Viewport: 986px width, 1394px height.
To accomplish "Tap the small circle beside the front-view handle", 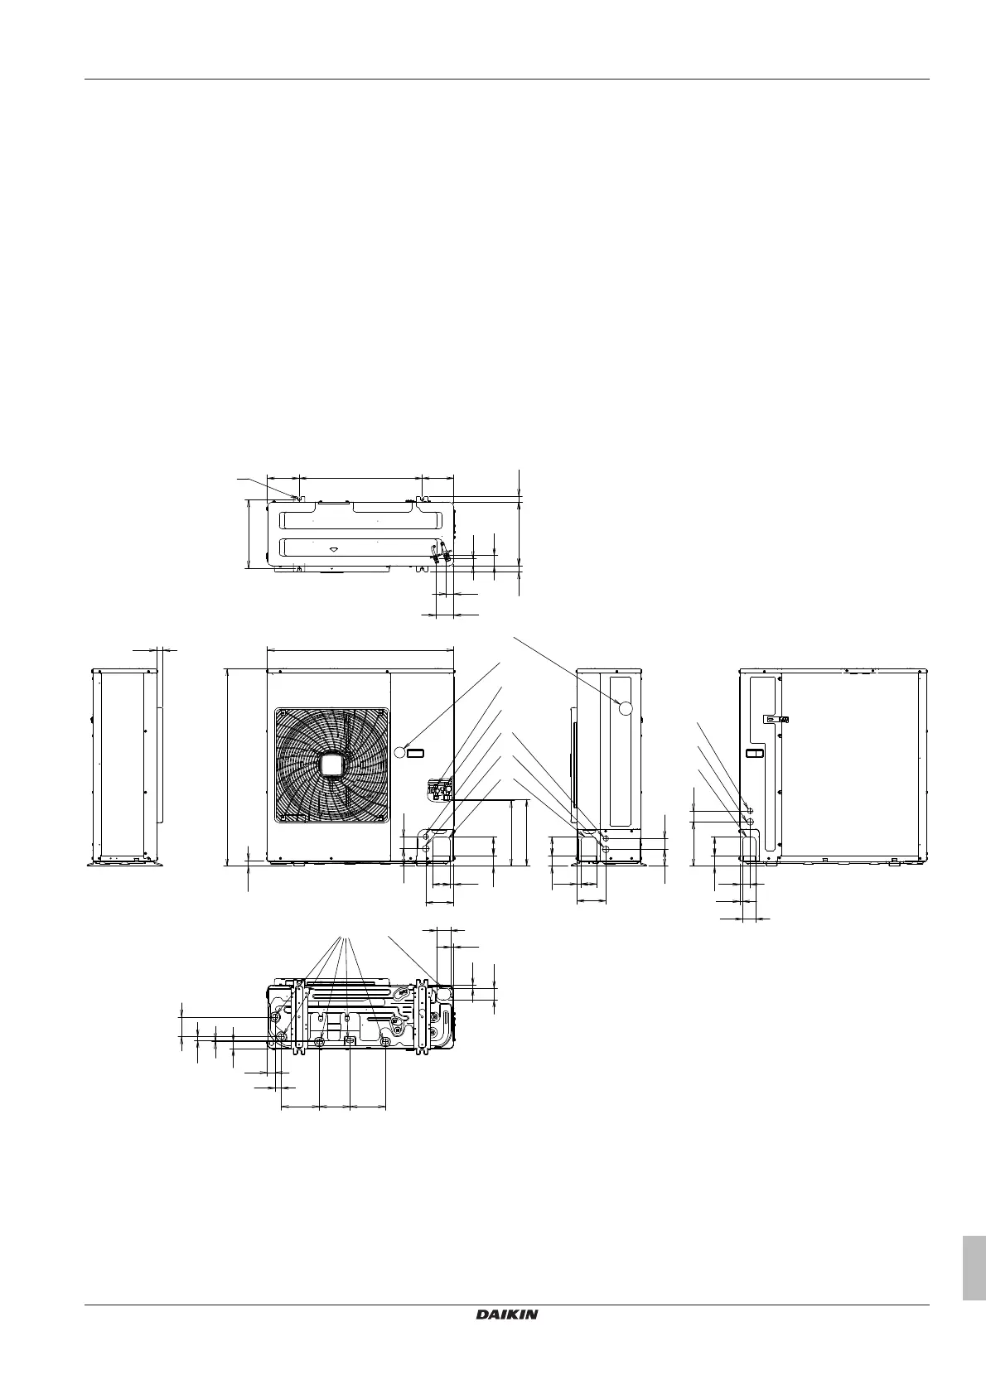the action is (x=400, y=753).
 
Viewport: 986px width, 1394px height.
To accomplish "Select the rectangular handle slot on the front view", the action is (x=415, y=753).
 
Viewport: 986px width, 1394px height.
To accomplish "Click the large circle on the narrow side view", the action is (x=625, y=707).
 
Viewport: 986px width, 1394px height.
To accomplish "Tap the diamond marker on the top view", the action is (x=334, y=549).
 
